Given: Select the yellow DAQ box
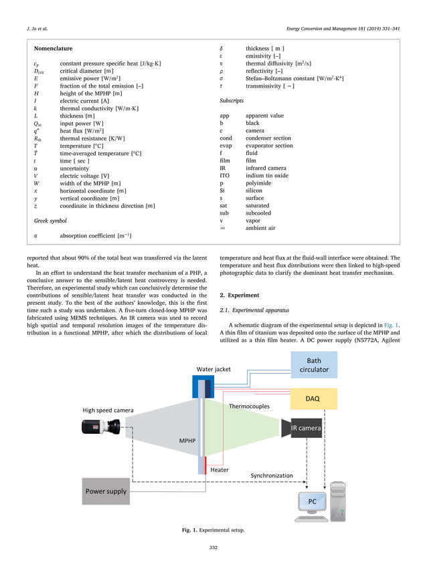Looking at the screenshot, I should [x=313, y=399].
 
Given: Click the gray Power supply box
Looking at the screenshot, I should [x=105, y=491].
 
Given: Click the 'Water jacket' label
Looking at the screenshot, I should [x=214, y=369].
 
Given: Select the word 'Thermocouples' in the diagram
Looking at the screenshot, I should [x=250, y=406].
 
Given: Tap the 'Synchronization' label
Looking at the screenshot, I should [x=272, y=475].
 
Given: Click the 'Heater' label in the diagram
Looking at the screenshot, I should [x=220, y=469].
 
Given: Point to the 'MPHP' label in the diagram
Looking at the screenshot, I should [x=187, y=441].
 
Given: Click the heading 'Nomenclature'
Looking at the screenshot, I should [x=53, y=49].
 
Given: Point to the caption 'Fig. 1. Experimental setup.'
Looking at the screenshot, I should [x=213, y=530].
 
